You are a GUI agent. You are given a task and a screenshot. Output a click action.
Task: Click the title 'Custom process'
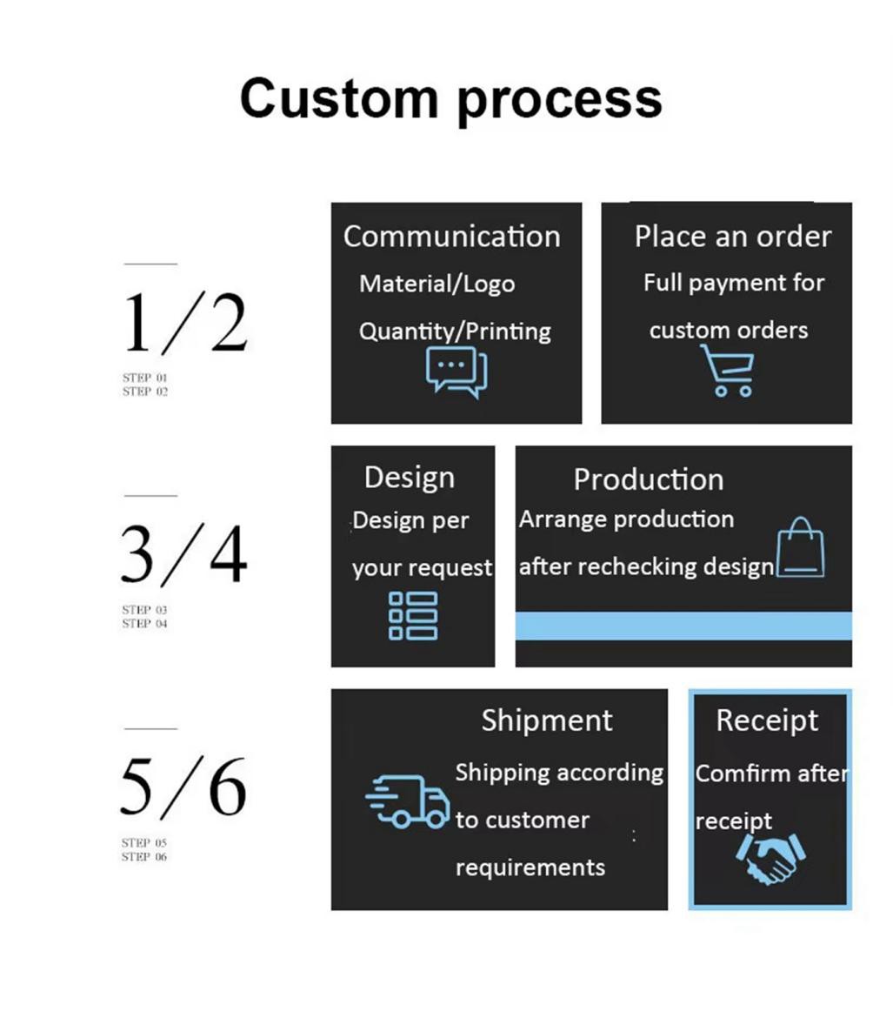(450, 97)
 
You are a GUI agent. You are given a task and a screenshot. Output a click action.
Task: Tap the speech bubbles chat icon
(456, 372)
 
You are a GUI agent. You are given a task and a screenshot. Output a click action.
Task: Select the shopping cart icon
(728, 370)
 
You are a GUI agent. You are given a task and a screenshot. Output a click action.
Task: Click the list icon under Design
(413, 615)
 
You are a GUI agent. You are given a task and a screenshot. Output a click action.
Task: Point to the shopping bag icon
(800, 548)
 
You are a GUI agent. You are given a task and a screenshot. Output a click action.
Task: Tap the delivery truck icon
(408, 800)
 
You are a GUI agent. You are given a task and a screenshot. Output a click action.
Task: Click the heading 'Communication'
(451, 237)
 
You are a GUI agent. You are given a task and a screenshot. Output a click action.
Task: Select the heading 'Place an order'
(732, 237)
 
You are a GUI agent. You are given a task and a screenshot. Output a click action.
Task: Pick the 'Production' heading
(648, 479)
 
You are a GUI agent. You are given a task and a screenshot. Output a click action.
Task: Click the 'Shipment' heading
(547, 720)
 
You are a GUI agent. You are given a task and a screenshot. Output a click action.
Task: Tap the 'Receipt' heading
(767, 720)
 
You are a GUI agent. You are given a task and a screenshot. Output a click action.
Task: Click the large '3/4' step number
(184, 554)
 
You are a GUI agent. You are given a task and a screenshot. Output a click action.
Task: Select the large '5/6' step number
(184, 787)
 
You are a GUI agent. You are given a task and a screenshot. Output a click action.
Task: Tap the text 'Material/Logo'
(437, 284)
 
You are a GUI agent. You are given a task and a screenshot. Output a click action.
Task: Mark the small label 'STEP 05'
(143, 842)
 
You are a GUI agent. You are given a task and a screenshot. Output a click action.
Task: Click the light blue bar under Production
(683, 626)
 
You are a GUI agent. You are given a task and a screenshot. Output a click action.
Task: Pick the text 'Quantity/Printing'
(455, 332)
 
